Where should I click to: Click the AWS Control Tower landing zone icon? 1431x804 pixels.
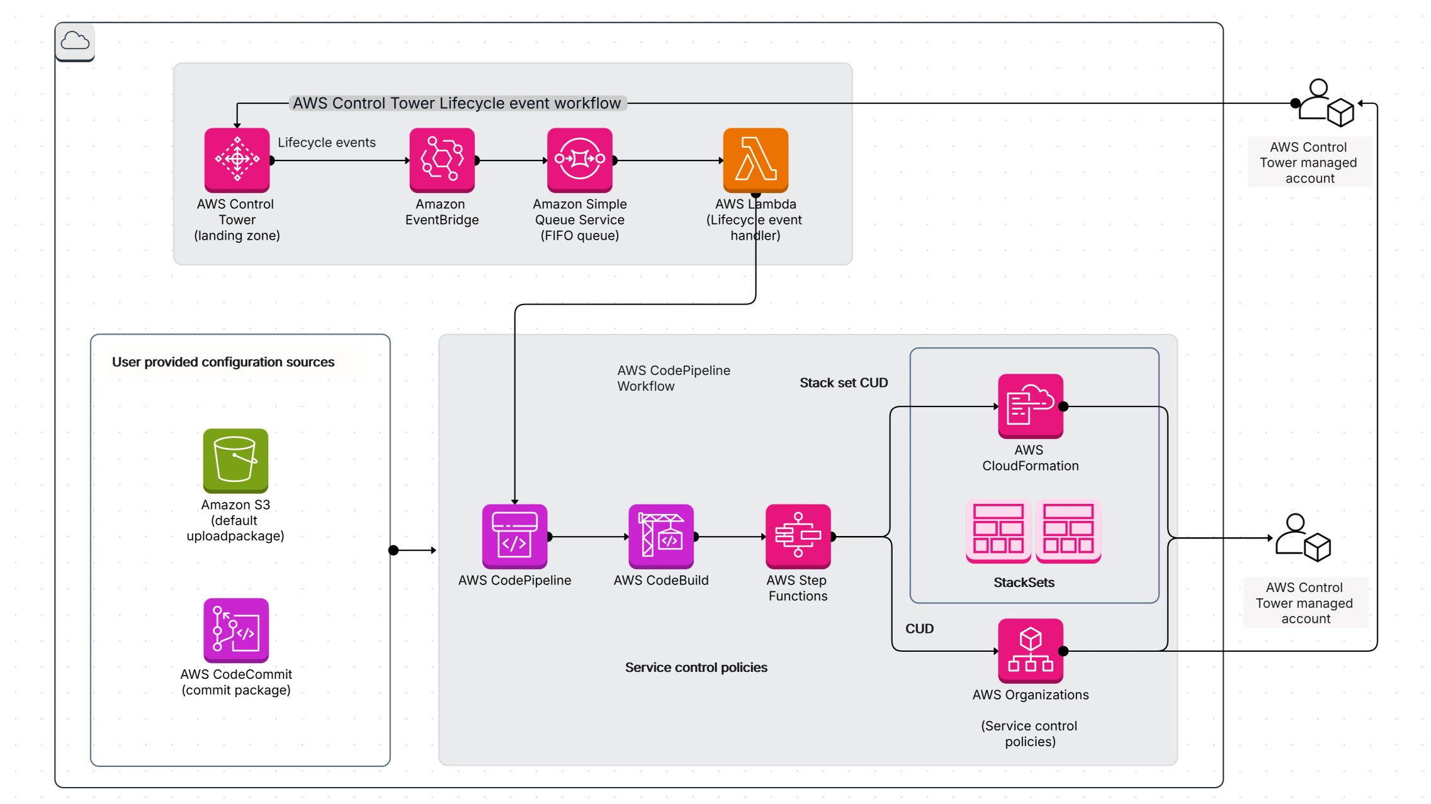point(237,160)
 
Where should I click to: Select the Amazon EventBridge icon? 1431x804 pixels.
point(442,160)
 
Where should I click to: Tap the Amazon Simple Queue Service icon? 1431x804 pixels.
point(579,160)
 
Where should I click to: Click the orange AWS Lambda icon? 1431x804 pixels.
point(755,160)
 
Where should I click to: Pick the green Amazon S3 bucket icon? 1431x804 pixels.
point(235,461)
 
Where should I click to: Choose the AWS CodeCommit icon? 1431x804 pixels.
point(236,630)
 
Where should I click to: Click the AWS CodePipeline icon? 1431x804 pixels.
point(514,536)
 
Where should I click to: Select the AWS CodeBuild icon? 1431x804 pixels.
point(661,536)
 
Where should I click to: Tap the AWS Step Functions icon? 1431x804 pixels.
point(798,536)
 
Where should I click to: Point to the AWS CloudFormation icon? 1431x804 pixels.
point(1030,406)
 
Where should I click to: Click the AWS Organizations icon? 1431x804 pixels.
point(1030,650)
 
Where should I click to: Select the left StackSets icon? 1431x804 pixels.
point(998,530)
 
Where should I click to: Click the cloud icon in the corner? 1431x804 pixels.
point(75,42)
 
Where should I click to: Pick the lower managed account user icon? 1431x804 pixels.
point(1303,538)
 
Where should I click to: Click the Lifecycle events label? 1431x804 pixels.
point(326,143)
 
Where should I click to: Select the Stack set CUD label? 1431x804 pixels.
point(844,382)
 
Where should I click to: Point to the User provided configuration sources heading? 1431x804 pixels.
point(223,362)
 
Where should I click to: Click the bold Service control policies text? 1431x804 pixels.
point(696,667)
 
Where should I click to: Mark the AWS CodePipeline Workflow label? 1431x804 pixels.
point(673,378)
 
